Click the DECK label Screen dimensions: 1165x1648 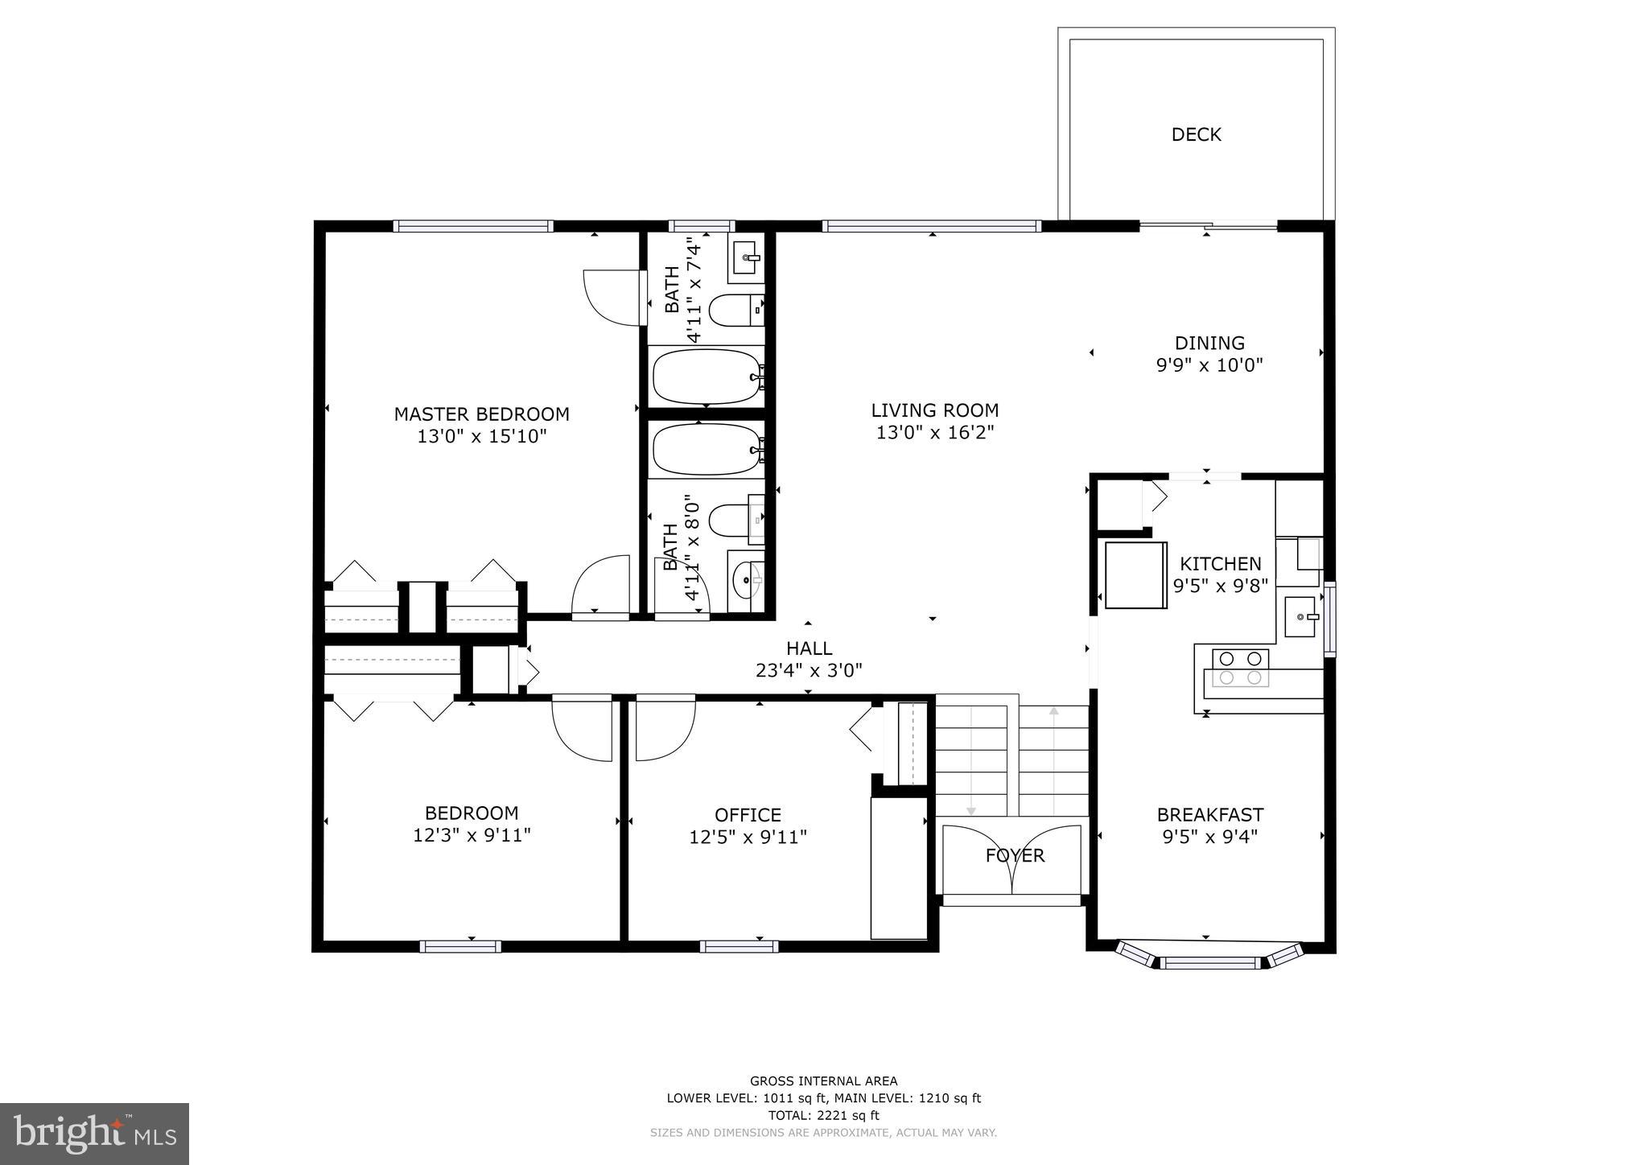tap(1196, 134)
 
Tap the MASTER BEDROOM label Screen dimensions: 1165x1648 tap(481, 414)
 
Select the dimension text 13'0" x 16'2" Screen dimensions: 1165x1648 tap(935, 433)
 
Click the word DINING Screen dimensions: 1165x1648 tap(1209, 344)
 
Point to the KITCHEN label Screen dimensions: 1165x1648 tap(1220, 564)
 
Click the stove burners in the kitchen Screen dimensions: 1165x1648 tap(1240, 668)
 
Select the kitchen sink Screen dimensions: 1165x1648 tap(1300, 616)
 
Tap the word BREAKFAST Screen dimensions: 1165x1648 tap(1209, 815)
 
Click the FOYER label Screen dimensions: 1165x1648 tap(1015, 856)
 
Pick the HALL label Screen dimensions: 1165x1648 tap(809, 648)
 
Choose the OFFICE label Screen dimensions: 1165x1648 tap(748, 816)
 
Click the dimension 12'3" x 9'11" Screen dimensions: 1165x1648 tap(472, 836)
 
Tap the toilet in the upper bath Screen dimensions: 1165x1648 tap(735, 310)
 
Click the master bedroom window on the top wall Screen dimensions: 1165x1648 tap(473, 226)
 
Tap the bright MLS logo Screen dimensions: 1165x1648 tap(94, 1134)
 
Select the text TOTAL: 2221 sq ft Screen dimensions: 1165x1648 tap(823, 1115)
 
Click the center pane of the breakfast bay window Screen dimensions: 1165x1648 tap(1209, 961)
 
